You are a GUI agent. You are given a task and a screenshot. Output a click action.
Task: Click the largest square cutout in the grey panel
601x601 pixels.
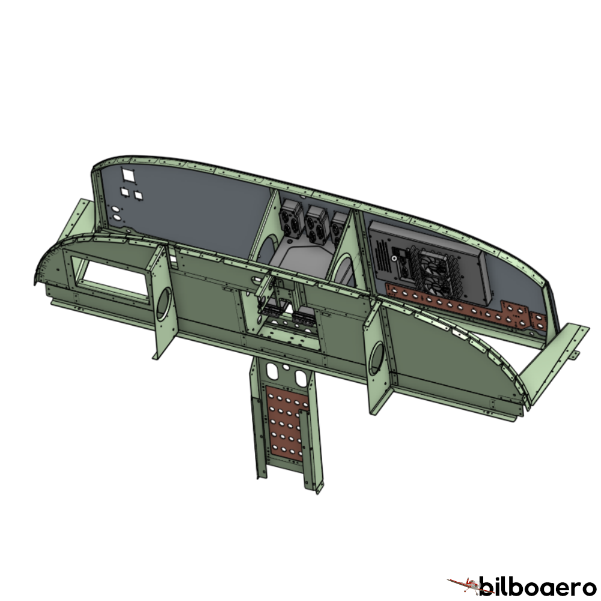coord(129,175)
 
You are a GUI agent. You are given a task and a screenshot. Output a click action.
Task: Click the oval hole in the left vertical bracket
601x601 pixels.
coord(163,304)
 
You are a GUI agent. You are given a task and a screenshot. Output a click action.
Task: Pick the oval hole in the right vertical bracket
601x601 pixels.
coord(376,358)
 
